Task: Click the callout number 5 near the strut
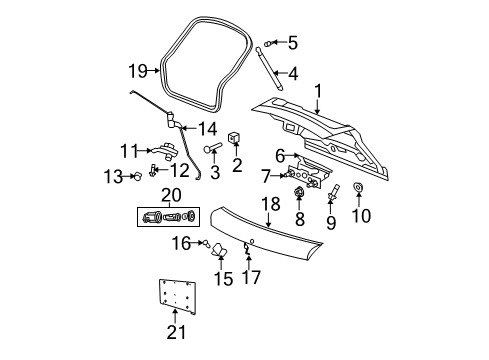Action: (292, 42)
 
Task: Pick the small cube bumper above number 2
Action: (235, 137)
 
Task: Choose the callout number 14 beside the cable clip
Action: (208, 127)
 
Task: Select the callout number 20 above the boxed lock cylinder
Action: (171, 193)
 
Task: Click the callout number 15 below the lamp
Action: (222, 280)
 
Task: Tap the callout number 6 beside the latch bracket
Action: (281, 155)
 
